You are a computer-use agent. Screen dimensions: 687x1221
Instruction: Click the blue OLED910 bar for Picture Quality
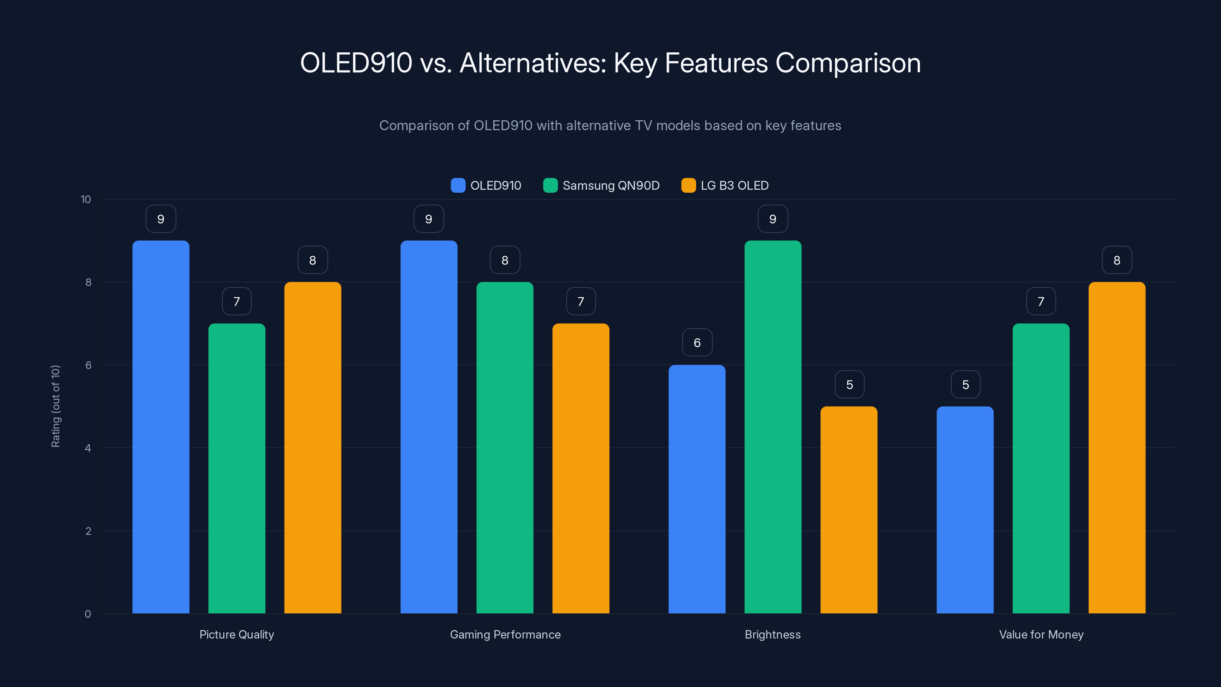point(161,427)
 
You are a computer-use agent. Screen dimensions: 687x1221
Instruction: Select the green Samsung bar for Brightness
point(773,427)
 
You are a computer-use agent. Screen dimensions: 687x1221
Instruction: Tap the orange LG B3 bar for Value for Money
point(1117,448)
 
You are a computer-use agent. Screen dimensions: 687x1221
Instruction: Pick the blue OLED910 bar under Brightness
point(697,489)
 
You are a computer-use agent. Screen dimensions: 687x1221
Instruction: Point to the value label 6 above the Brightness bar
point(697,343)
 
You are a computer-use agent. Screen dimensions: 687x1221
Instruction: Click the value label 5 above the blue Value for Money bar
point(965,384)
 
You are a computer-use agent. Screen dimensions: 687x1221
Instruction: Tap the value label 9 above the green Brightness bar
point(773,219)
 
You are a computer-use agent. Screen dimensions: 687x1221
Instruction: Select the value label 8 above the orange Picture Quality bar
point(312,260)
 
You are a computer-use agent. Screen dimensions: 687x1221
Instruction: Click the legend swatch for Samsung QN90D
point(550,185)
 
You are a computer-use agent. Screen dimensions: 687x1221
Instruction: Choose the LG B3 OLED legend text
point(734,185)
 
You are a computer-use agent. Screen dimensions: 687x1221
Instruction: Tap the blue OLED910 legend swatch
point(458,185)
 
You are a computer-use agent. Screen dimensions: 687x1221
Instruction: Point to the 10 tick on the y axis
point(86,199)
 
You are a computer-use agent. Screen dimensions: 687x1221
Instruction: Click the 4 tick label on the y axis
point(88,448)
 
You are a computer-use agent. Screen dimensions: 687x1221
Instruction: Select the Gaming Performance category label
point(505,634)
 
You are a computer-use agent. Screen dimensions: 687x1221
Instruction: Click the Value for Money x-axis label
point(1041,634)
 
